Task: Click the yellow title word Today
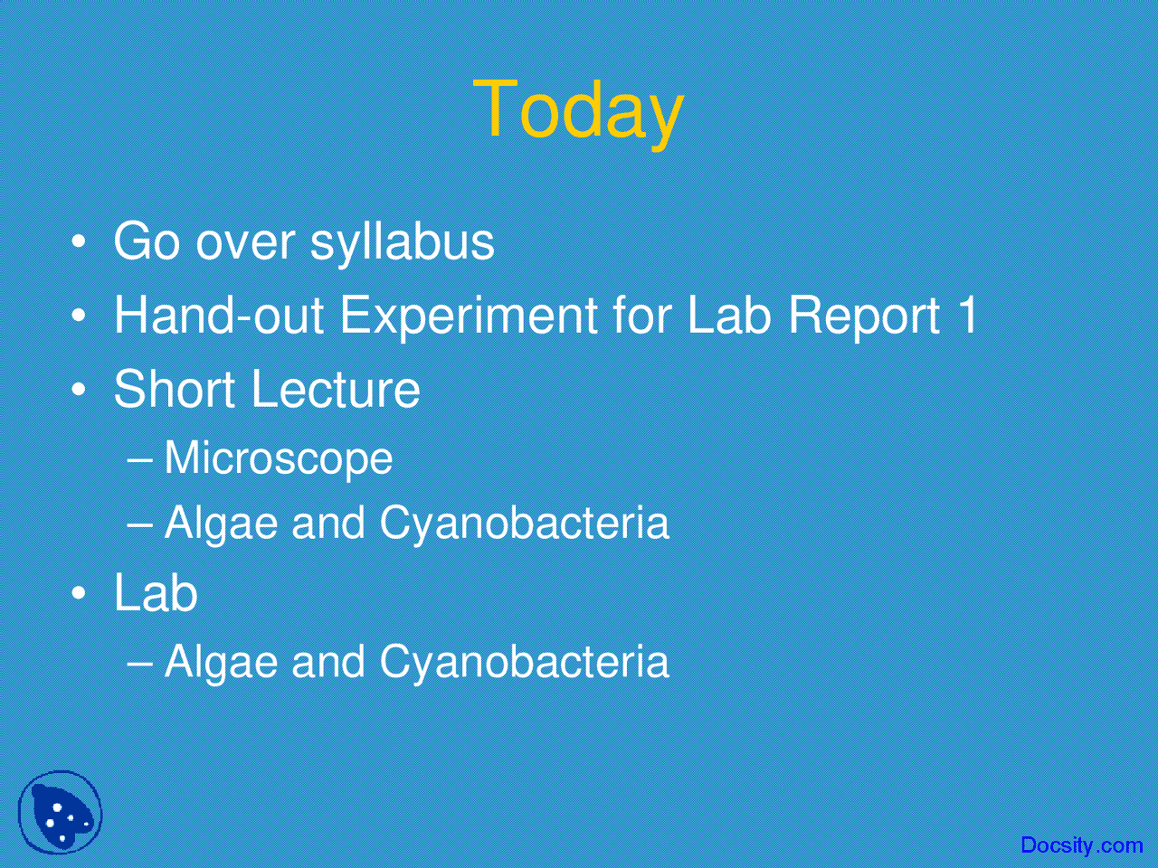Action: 577,110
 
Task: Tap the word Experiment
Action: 468,316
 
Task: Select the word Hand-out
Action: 218,316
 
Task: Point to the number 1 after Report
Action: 967,316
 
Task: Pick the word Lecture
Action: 336,390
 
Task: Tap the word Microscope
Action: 278,458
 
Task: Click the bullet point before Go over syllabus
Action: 80,242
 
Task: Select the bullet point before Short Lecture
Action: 80,391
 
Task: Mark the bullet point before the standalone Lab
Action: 80,594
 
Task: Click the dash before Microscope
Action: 140,458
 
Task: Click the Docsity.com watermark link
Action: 1081,845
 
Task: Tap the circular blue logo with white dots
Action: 60,812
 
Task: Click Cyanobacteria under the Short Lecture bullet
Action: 524,524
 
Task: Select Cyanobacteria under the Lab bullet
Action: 524,662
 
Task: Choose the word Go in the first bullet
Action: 146,242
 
